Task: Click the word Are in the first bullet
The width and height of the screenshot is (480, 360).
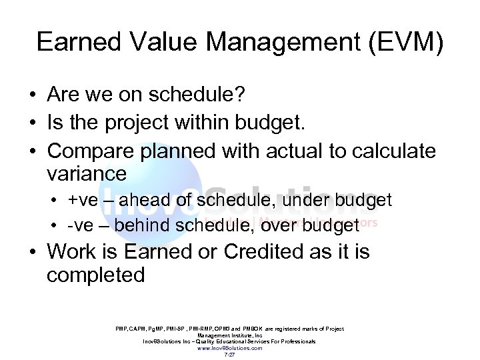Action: (x=63, y=95)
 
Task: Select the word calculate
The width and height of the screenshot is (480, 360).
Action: (x=393, y=151)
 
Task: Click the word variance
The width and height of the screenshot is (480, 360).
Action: (x=87, y=174)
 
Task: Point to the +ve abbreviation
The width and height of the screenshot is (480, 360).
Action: (x=83, y=201)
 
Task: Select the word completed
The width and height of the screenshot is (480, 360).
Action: (x=96, y=275)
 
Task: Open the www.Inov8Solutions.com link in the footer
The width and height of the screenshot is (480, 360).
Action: (x=229, y=348)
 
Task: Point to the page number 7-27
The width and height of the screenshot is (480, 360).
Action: (x=229, y=355)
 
